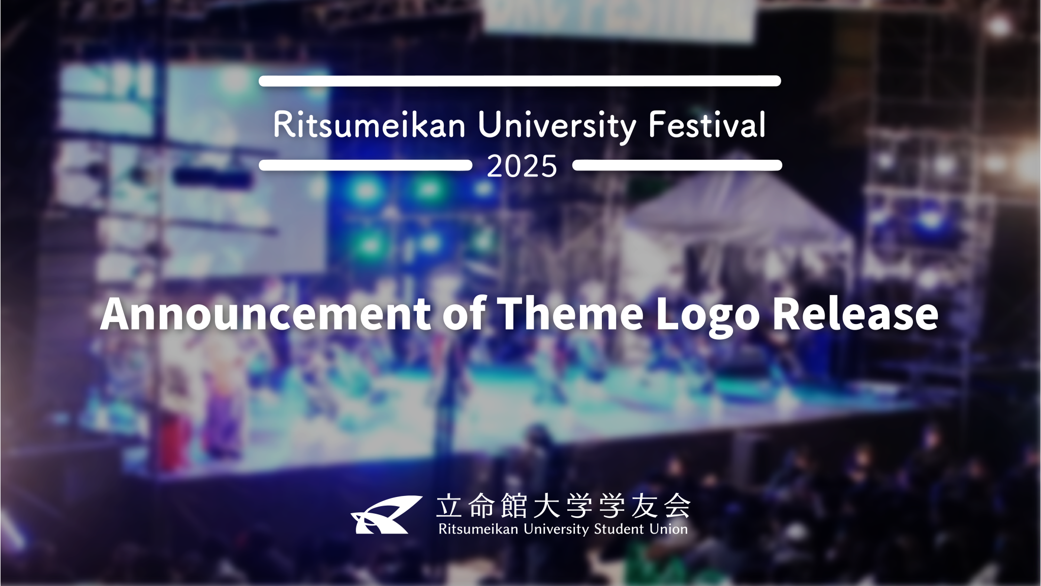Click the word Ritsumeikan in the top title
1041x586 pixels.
tap(370, 125)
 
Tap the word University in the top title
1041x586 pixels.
tap(557, 125)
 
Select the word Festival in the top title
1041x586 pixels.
tap(707, 125)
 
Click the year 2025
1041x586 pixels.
tap(522, 166)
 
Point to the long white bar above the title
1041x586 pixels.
tap(519, 81)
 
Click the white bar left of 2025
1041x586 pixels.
tap(365, 165)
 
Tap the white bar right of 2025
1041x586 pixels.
tap(677, 165)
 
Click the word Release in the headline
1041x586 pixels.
tap(855, 314)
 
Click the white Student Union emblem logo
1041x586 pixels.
tap(386, 515)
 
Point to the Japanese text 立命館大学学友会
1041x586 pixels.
tap(563, 505)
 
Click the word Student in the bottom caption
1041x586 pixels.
tap(619, 529)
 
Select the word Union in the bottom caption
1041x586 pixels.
tap(668, 529)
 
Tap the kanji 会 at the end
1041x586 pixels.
tap(677, 505)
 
